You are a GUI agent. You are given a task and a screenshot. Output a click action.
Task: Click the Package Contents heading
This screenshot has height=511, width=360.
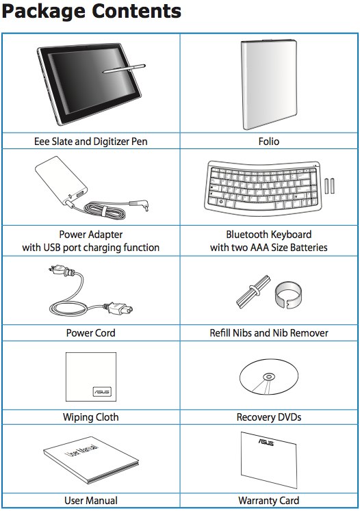tap(91, 12)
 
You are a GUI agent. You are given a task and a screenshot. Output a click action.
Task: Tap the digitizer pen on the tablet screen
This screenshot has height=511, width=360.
tap(124, 68)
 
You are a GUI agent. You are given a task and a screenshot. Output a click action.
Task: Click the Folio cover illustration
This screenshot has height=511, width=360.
tap(269, 84)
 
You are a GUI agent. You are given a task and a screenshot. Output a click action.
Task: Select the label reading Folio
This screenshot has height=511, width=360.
tap(269, 142)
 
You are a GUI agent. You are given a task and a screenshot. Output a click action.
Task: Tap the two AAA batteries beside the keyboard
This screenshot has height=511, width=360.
tap(329, 186)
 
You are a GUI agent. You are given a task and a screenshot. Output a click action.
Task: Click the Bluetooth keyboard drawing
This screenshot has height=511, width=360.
tap(262, 188)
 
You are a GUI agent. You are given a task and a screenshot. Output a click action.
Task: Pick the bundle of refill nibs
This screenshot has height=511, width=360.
tap(253, 291)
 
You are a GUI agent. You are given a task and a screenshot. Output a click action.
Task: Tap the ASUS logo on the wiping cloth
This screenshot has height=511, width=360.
tap(102, 391)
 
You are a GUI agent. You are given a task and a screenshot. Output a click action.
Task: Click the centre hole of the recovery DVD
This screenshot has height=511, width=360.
tap(269, 377)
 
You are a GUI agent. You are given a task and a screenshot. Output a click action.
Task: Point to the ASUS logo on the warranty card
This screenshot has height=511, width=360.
tap(266, 442)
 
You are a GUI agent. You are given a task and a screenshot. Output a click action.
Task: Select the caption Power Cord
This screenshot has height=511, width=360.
tap(90, 332)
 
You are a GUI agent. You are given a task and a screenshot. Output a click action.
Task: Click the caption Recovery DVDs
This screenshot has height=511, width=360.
tap(269, 417)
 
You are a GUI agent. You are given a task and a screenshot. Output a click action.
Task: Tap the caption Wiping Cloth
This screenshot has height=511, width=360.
tap(90, 417)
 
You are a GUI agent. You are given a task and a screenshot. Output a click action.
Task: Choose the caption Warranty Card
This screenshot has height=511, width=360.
tap(269, 500)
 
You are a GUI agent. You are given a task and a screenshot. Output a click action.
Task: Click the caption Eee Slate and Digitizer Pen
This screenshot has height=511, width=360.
tap(90, 142)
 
